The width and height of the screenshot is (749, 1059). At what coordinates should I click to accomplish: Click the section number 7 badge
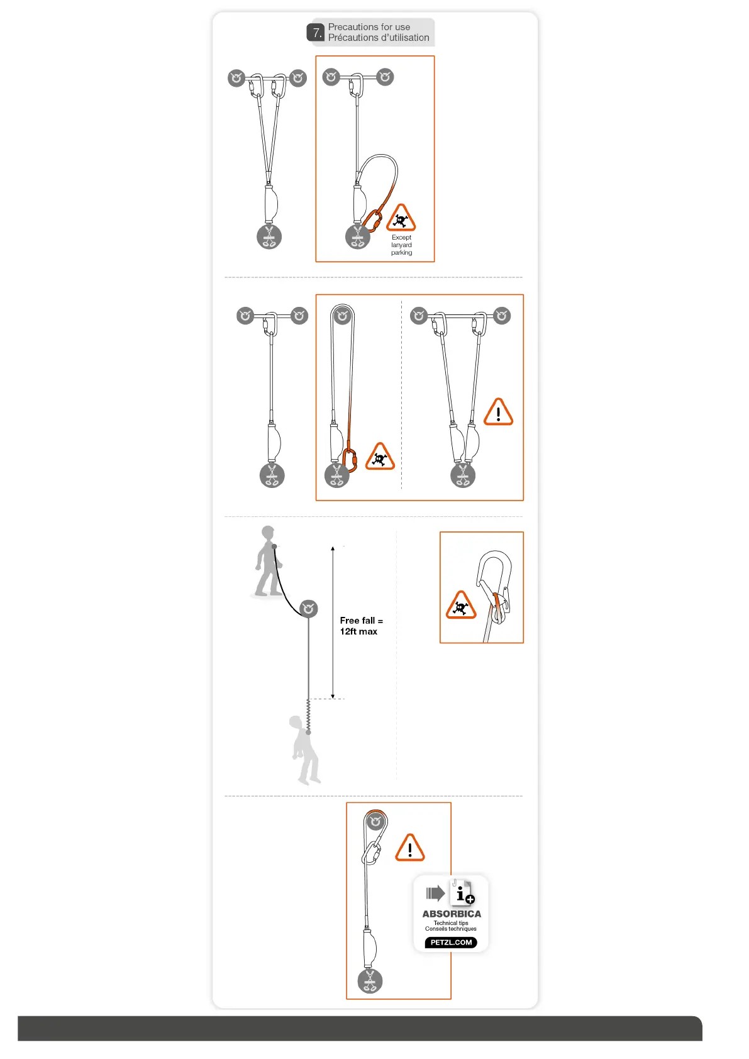(316, 33)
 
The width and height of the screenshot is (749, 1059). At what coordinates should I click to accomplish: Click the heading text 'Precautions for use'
(369, 27)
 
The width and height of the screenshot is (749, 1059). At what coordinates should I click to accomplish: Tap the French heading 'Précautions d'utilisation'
(379, 38)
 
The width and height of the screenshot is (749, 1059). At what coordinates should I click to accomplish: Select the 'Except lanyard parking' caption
(401, 245)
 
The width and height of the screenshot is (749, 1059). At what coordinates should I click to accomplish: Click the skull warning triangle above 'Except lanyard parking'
(401, 219)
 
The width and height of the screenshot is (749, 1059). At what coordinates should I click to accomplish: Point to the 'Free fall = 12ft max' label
(361, 626)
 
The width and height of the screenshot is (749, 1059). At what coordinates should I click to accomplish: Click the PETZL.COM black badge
(451, 942)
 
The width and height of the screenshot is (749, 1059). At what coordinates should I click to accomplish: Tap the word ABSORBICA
(452, 914)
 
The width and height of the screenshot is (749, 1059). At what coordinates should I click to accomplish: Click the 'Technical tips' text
(451, 923)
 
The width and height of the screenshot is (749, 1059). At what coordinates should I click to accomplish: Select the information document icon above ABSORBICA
(462, 892)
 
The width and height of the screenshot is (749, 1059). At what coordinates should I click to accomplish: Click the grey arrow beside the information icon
(435, 893)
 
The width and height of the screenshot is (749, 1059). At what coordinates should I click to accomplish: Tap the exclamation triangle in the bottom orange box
(410, 848)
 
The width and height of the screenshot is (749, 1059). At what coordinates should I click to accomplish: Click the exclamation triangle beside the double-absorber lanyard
(499, 413)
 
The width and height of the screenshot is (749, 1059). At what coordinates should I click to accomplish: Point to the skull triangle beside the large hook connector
(461, 606)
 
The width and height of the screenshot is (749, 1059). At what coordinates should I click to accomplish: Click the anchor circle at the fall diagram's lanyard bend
(308, 609)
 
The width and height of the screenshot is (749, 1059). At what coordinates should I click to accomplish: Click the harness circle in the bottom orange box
(370, 980)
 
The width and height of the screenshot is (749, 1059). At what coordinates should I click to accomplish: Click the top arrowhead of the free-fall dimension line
(333, 548)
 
